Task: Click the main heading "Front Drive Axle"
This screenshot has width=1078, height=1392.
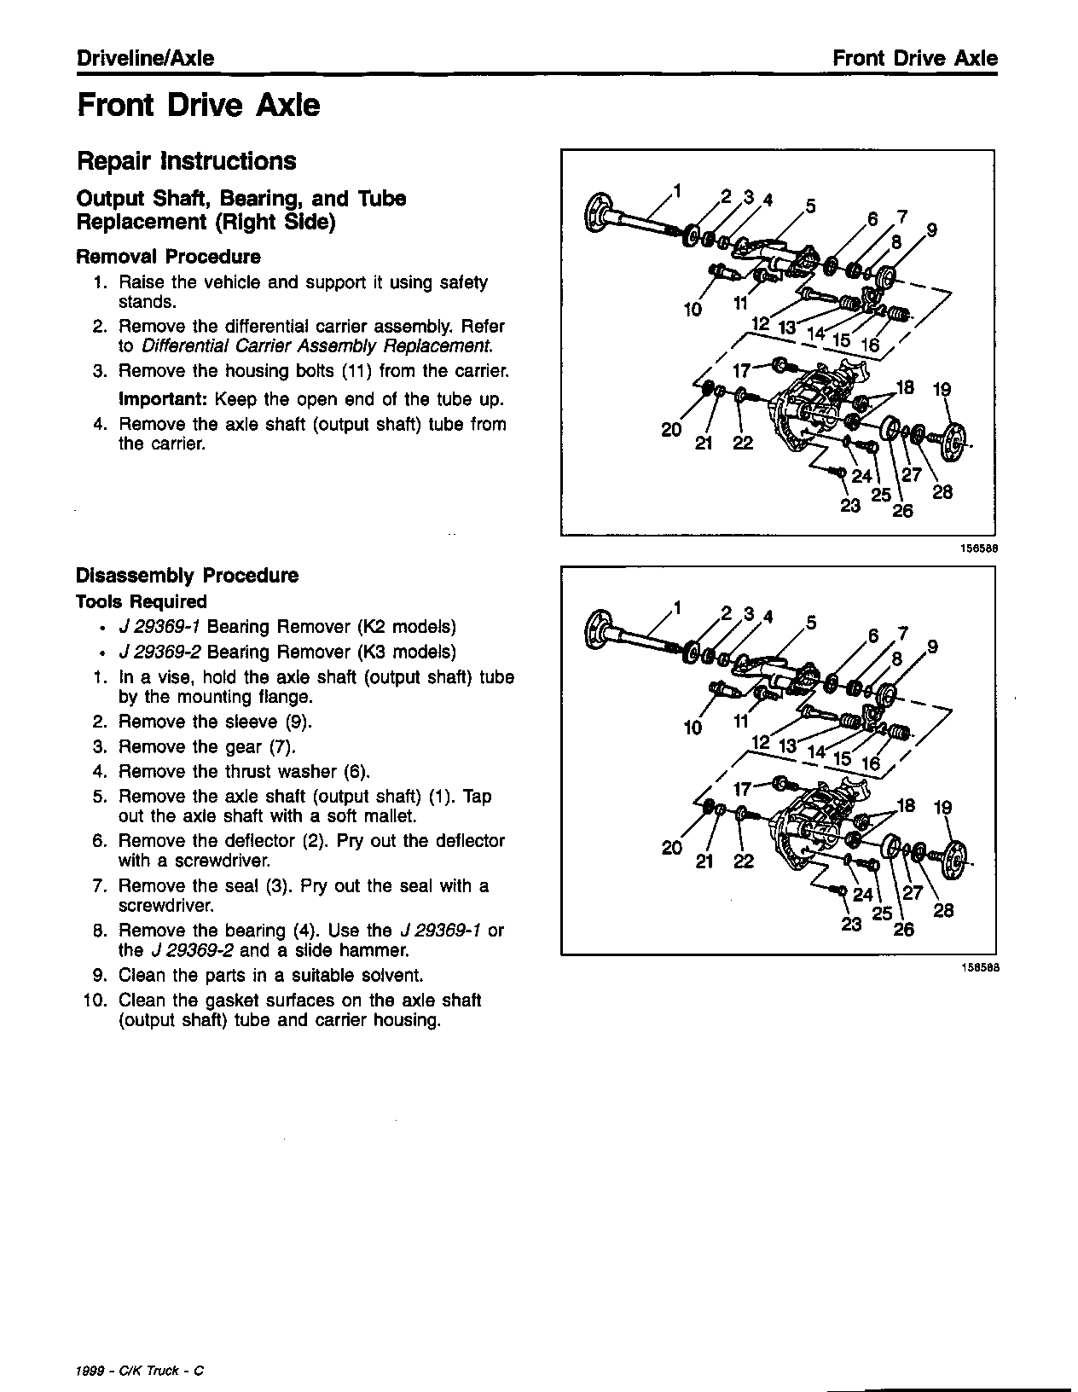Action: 198,106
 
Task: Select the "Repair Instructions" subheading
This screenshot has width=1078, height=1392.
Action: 186,161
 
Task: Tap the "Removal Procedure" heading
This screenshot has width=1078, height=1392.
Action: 168,257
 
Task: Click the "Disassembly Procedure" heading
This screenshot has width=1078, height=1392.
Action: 187,576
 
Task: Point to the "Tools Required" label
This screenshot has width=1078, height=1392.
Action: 141,602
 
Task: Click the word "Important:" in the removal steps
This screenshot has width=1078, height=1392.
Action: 164,399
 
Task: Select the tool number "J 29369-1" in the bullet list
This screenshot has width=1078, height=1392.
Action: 159,628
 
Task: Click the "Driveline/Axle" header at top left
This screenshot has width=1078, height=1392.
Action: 145,59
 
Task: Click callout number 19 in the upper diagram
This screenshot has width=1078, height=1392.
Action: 942,390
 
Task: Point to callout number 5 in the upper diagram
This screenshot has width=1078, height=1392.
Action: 810,206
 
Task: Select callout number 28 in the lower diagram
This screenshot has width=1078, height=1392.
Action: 943,910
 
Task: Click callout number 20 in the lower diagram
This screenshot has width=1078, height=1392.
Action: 671,848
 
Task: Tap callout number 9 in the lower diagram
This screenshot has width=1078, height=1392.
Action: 932,647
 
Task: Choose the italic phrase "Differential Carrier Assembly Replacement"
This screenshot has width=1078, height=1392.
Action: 316,346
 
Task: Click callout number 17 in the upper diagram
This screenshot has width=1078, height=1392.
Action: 741,370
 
